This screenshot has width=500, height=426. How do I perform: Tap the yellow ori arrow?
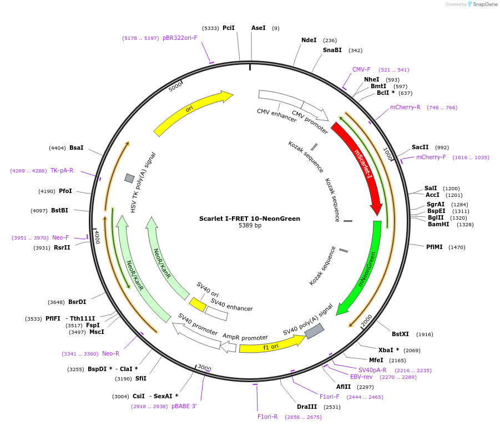point(191,113)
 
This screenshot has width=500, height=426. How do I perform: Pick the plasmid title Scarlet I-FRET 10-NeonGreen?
point(250,219)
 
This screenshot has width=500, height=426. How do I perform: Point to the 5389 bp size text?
point(250,226)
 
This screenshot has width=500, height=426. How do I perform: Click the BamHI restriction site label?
point(438,225)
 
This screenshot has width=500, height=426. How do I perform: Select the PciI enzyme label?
point(229,28)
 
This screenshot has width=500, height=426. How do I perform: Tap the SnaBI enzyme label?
point(332,50)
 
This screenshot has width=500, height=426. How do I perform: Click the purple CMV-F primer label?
point(361,70)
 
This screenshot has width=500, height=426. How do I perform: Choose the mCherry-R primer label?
point(405,108)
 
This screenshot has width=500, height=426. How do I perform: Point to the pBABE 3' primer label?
point(184,406)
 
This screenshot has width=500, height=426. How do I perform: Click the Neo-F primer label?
point(60,237)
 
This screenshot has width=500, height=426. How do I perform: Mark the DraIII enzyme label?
point(307,407)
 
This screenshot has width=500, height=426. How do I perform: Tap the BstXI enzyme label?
point(400,334)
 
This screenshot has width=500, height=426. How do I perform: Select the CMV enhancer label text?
point(276,115)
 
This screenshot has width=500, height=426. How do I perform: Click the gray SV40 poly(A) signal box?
point(314,331)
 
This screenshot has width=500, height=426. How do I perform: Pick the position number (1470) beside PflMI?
point(457,247)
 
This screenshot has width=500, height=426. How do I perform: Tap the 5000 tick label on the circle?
point(175,87)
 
